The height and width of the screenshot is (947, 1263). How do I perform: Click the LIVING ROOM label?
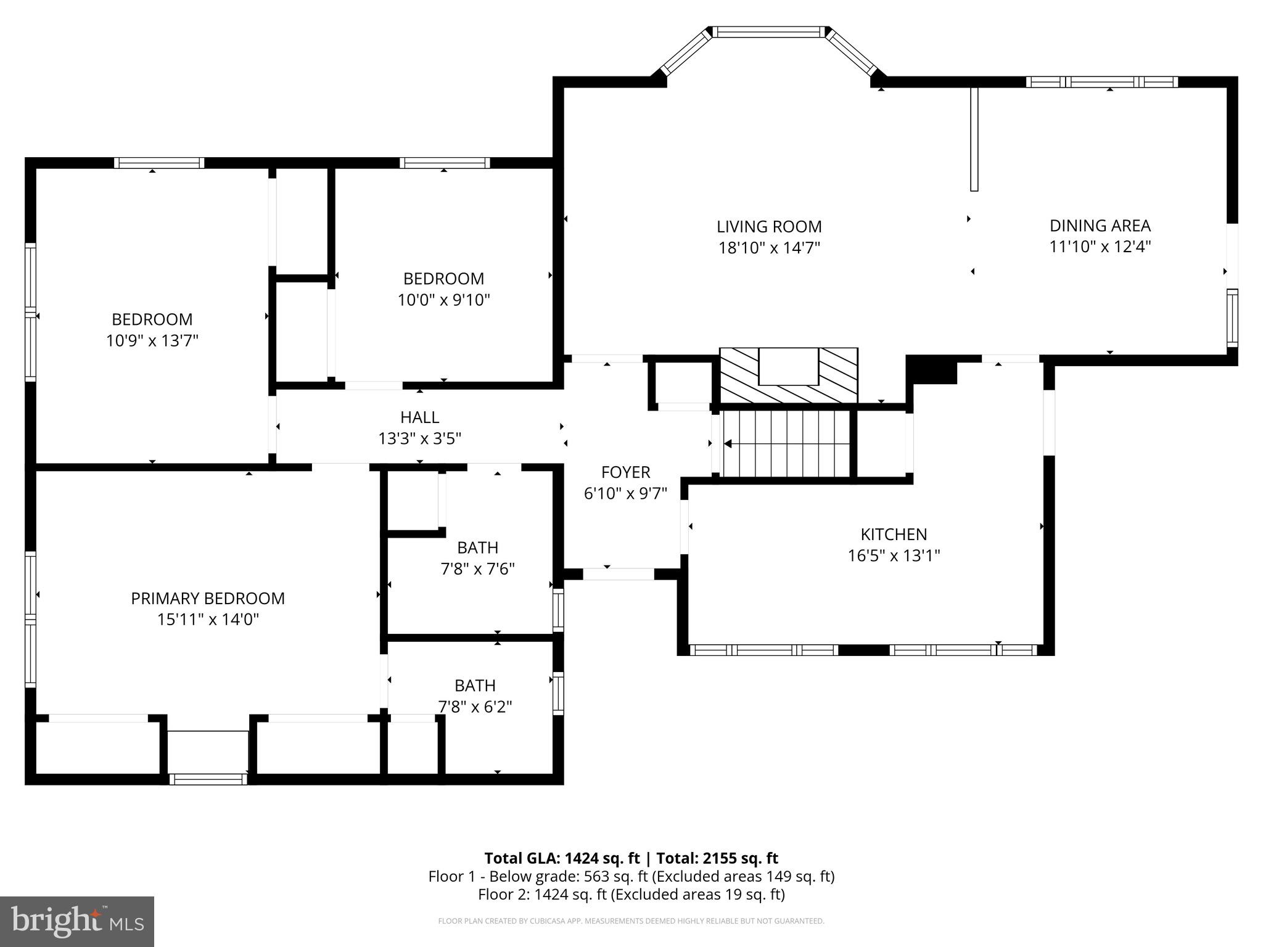(769, 227)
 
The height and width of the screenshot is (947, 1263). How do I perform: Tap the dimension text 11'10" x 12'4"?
(1100, 247)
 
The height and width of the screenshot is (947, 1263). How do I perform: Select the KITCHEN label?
(894, 534)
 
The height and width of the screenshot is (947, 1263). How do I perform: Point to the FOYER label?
(625, 472)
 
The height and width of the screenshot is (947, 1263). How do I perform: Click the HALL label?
(419, 417)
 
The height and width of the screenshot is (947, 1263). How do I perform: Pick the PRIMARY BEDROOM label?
(208, 598)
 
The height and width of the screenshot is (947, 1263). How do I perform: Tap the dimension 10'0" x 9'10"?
(443, 300)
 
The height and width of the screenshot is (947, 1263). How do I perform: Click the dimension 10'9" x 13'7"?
(152, 340)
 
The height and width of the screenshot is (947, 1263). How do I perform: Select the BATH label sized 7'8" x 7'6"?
(477, 547)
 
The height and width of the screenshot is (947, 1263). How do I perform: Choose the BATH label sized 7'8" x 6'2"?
(475, 686)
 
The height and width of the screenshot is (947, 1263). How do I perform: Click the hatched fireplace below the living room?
(788, 375)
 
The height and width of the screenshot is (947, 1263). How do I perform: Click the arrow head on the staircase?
(728, 443)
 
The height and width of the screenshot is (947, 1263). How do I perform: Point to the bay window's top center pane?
(769, 32)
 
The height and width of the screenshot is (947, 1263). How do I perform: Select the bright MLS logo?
(77, 921)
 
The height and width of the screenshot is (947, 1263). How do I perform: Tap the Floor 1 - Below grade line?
(631, 876)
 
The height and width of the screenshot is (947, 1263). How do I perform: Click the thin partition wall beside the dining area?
(974, 139)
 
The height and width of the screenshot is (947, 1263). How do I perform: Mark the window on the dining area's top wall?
(1101, 82)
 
